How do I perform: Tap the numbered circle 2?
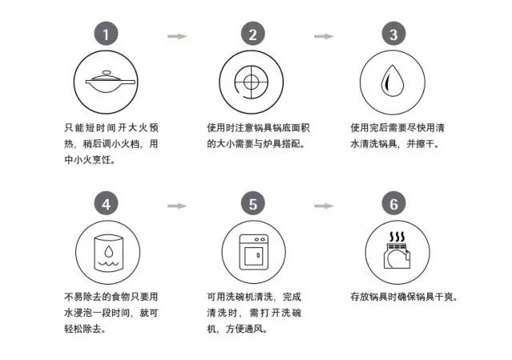click(253, 34)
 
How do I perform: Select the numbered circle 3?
click(393, 34)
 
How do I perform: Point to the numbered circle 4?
click(106, 203)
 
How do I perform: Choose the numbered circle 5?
click(253, 203)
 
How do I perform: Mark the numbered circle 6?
click(393, 203)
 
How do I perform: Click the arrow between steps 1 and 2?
click(177, 36)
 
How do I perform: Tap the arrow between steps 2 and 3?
click(323, 36)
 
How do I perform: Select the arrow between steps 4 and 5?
click(177, 206)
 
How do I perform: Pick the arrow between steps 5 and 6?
click(323, 206)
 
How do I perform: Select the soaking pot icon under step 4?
click(108, 250)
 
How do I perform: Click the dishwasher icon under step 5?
click(253, 250)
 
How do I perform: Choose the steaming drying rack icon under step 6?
click(393, 250)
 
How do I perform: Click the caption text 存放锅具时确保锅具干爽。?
click(403, 297)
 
